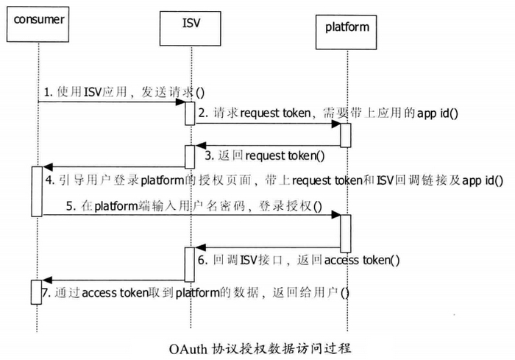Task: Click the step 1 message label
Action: pos(122,93)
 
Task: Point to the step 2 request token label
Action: pos(327,113)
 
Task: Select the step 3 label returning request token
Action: pos(264,156)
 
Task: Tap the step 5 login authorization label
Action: pos(194,207)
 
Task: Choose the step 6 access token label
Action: pos(297,259)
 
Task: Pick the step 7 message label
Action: pos(196,293)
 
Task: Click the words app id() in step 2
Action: pos(438,113)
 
